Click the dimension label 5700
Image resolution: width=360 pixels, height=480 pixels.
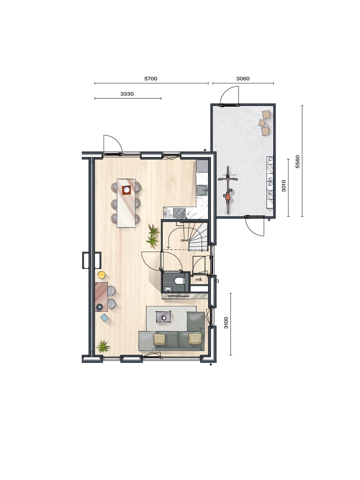click(x=150, y=78)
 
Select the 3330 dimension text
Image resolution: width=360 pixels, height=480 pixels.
click(x=127, y=93)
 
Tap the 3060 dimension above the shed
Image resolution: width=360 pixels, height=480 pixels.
click(x=242, y=78)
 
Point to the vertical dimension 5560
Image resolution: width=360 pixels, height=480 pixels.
click(x=297, y=161)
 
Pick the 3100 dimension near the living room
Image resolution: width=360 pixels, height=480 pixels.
click(x=226, y=323)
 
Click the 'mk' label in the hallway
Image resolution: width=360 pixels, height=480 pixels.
click(x=198, y=279)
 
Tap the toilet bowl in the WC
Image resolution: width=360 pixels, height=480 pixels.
click(x=179, y=280)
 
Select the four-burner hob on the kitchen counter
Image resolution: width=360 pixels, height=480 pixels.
click(x=179, y=212)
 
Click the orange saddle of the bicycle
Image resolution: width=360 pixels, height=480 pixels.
click(x=228, y=197)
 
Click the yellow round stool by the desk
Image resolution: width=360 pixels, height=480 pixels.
click(x=101, y=274)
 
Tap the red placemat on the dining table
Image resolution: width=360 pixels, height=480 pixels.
click(x=126, y=189)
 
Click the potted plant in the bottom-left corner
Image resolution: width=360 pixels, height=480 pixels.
click(x=103, y=346)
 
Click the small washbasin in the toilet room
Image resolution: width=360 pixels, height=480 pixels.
click(x=167, y=288)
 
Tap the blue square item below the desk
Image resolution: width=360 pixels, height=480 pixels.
click(x=104, y=317)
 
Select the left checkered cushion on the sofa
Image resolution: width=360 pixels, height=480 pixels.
click(x=159, y=339)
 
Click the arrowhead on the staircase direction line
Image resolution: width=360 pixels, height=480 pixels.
click(x=169, y=247)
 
